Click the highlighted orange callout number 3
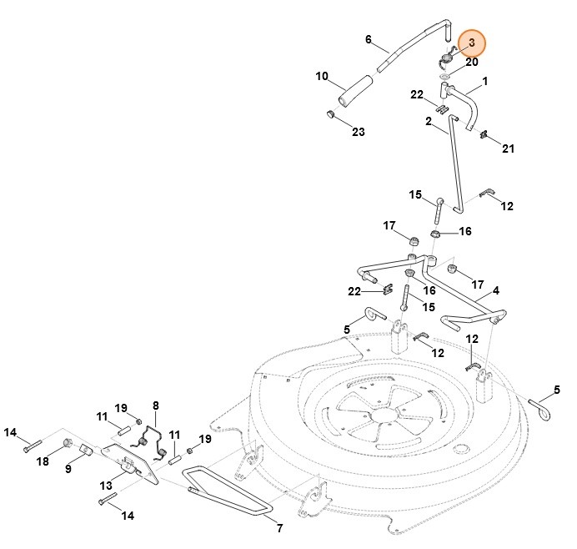point(471,42)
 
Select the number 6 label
point(368,39)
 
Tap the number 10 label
point(322,77)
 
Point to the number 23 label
point(358,132)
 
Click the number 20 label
point(472,62)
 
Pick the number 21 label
point(508,149)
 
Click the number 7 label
point(279,527)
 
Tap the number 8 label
point(155,405)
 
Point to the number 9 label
point(68,468)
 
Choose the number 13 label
point(106,486)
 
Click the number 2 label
point(428,122)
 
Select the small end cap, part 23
point(331,114)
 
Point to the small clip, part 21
point(484,136)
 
